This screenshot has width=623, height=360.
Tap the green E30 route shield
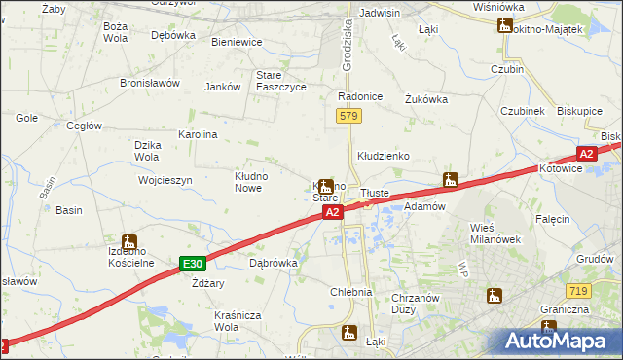(x=193, y=264)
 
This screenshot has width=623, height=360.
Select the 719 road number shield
(x=578, y=291)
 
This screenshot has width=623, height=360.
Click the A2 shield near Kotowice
(x=586, y=154)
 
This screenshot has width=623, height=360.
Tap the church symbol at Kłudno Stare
(x=326, y=185)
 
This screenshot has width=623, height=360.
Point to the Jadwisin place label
(x=380, y=13)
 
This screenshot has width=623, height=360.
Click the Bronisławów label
(x=150, y=83)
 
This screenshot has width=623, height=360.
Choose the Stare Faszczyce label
(x=280, y=81)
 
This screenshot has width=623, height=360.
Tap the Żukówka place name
(x=425, y=98)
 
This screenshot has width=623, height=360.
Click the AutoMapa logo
(x=558, y=341)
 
